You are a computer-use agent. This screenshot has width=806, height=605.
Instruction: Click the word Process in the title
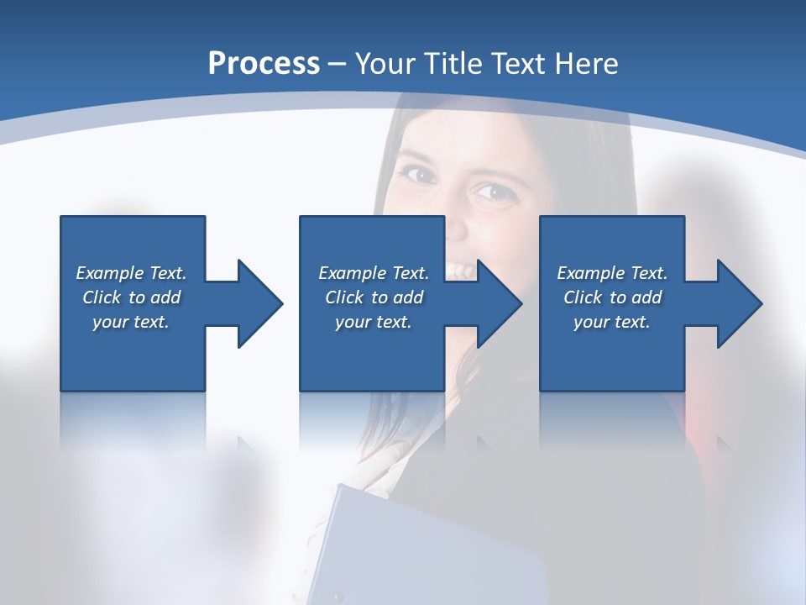pos(264,64)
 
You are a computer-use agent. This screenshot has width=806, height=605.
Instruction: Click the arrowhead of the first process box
pos(259,303)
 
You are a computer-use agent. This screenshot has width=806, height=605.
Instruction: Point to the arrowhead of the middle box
pos(499,303)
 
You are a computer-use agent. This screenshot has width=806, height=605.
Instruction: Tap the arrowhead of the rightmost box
pos(739,303)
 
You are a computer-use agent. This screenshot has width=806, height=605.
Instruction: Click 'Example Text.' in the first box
pos(131,273)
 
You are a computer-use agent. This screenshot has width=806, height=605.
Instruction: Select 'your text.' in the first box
pos(131,322)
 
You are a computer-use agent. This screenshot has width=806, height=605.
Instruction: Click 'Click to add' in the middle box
pos(374,297)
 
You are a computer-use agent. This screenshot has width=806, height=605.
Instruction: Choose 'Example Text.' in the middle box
pos(374,273)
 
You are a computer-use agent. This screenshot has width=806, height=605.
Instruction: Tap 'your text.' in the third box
pos(612,322)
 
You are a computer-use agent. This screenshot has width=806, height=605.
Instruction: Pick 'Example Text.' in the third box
pos(612,273)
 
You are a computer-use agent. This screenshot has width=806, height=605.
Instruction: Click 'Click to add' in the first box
pos(131,297)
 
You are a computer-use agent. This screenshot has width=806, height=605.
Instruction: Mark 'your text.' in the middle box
pos(374,322)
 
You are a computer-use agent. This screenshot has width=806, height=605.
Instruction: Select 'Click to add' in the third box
pos(612,297)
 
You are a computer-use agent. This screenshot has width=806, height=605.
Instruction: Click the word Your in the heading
pos(384,64)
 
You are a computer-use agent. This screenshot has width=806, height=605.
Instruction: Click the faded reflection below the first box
pos(133,420)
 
